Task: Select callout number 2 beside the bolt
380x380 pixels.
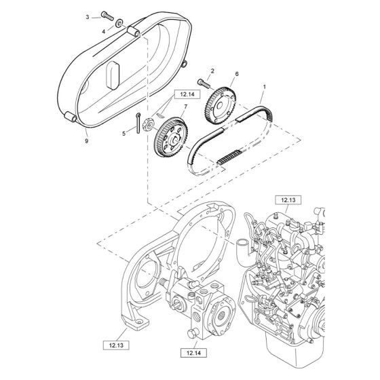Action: coord(212,71)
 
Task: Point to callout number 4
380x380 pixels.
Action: coord(103,31)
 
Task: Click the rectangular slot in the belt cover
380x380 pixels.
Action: coord(113,72)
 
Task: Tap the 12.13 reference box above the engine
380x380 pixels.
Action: coord(286,200)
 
